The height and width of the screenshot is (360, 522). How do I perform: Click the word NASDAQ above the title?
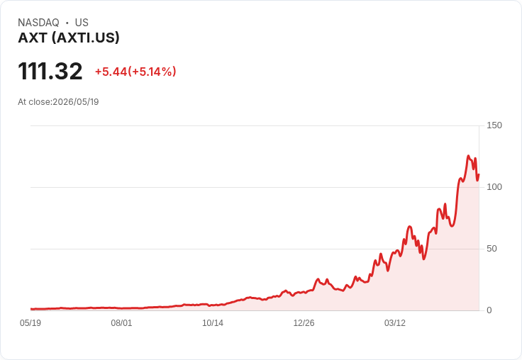38,23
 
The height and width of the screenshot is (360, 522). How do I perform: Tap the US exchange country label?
82,23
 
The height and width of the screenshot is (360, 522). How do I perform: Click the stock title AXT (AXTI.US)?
69,38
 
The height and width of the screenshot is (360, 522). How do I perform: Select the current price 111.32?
50,71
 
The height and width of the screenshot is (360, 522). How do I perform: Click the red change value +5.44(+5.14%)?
135,72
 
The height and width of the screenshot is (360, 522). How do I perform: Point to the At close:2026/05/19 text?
58,102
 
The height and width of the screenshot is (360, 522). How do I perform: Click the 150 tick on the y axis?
494,125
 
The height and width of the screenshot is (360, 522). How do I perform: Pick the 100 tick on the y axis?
494,187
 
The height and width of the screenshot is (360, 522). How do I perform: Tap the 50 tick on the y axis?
492,249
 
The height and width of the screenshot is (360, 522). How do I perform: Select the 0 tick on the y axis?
489,310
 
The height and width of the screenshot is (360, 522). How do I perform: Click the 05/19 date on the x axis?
30,323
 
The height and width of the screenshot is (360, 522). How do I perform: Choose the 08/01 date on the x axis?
121,323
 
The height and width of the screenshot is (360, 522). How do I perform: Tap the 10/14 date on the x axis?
213,323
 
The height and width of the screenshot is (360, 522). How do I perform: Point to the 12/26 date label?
304,323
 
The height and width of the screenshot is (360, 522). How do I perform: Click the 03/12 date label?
395,323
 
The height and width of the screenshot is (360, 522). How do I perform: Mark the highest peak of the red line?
468,156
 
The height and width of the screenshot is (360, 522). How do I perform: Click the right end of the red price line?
479,174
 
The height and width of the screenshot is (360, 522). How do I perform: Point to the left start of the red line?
31,309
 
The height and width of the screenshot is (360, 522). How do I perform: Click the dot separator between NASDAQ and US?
67,23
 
